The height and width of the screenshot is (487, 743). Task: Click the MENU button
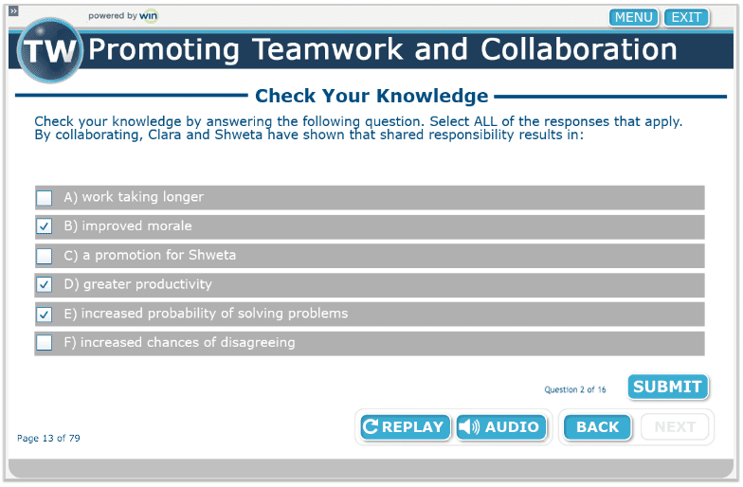point(633,17)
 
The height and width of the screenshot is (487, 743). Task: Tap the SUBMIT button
point(667,387)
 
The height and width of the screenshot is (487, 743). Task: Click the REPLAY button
point(405,426)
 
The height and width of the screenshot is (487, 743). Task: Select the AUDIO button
point(500,426)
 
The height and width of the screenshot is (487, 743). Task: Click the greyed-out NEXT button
point(675,426)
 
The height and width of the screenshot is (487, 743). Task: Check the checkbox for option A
point(45,197)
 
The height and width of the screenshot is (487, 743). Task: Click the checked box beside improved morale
point(45,226)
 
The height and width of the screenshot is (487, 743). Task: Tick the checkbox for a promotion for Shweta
point(45,256)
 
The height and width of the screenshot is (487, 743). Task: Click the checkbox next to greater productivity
point(45,284)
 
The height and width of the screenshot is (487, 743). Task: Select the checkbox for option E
point(45,315)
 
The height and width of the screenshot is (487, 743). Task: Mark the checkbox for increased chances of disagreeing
point(45,343)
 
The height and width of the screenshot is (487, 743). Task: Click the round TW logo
point(49,51)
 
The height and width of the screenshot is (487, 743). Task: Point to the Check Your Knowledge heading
point(371,96)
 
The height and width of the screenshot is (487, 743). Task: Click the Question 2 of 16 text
point(574,389)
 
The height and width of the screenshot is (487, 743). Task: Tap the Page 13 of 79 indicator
point(48,438)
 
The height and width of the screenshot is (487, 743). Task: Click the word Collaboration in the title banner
point(578,49)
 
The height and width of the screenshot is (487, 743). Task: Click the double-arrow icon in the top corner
point(13,11)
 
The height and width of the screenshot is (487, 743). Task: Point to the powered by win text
point(123,15)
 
